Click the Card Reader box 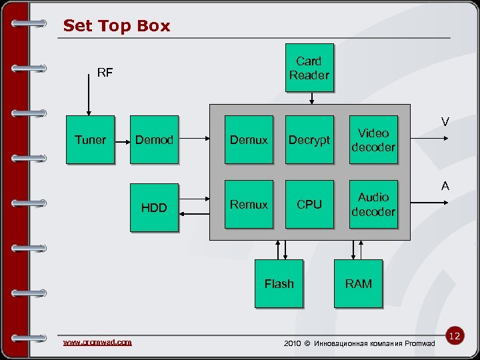[308, 68]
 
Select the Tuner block [90, 140]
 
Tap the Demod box [154, 140]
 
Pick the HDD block [154, 207]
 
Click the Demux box [249, 140]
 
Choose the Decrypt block [309, 140]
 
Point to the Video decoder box [373, 140]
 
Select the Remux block [249, 205]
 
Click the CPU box [309, 205]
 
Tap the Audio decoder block [373, 205]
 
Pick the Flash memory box [279, 284]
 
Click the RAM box [358, 284]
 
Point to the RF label [105, 73]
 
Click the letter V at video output [445, 122]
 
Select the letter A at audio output [445, 187]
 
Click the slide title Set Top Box [117, 26]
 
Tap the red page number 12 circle [455, 336]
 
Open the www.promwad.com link [97, 342]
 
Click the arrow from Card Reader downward [311, 98]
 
